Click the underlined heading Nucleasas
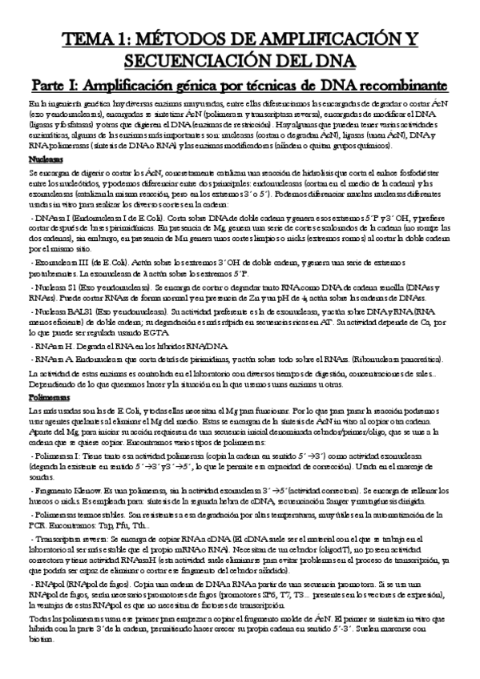click(x=44, y=159)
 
